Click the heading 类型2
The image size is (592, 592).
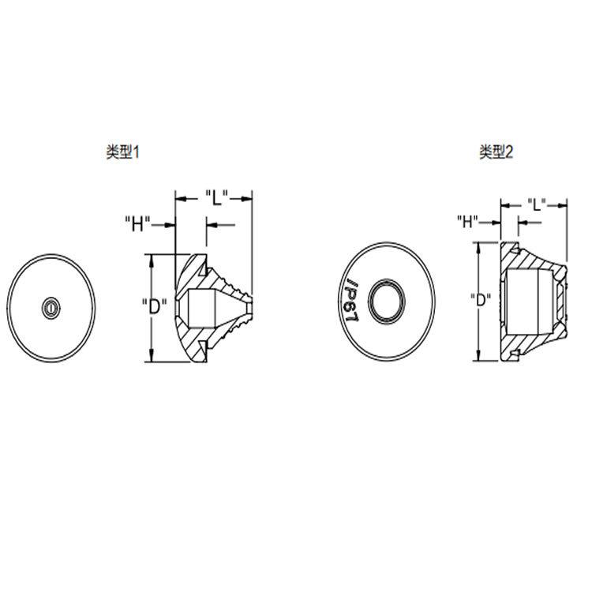pyautogui.click(x=496, y=152)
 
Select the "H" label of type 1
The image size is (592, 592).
pyautogui.click(x=138, y=224)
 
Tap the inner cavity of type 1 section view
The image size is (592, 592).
pyautogui.click(x=197, y=305)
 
